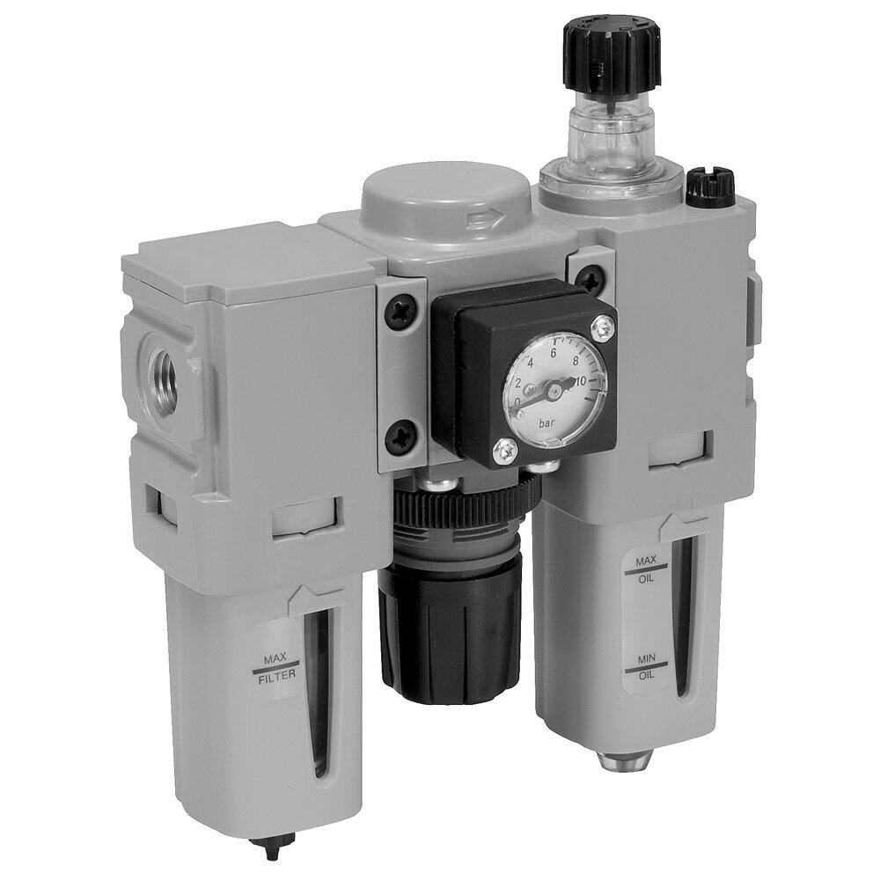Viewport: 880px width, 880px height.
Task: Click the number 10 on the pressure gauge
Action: coord(580,380)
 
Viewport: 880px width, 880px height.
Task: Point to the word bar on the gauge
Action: coord(545,423)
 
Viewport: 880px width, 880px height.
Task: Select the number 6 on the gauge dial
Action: coord(554,354)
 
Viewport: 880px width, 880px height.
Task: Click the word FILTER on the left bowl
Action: coord(275,677)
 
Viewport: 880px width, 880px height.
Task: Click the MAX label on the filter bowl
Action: coord(275,657)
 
